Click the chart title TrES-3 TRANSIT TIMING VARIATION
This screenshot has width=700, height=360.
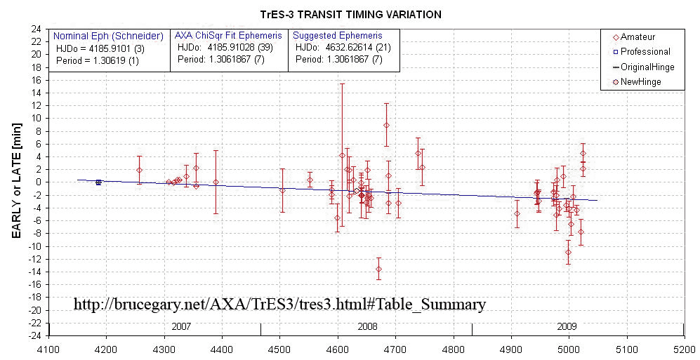tap(349, 14)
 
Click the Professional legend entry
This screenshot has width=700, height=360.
tap(645, 51)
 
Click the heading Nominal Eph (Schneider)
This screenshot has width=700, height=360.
tap(109, 36)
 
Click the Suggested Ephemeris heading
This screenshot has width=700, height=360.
tap(337, 36)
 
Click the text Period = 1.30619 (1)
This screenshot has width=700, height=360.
tap(102, 60)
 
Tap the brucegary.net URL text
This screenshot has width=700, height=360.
tap(279, 305)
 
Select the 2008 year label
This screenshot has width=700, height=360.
tap(366, 326)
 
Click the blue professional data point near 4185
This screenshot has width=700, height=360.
tap(98, 182)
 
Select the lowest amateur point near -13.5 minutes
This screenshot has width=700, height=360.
tap(378, 269)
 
